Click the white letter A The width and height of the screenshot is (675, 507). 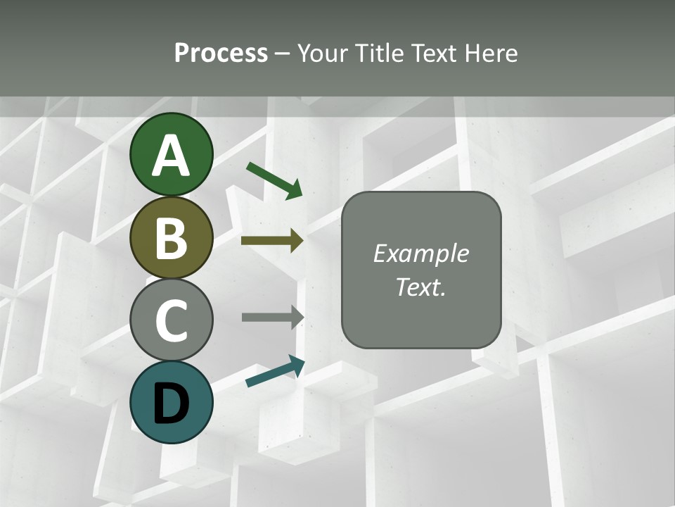point(172,156)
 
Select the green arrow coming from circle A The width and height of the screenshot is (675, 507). point(274,180)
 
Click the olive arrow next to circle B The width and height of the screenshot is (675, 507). point(272,241)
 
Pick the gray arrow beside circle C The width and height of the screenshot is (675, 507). point(273,317)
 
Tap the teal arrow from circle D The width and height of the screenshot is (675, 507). point(275,371)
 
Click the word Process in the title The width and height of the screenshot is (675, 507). point(221,53)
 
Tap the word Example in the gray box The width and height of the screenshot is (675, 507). point(420,254)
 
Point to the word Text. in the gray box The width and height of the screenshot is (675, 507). point(420,287)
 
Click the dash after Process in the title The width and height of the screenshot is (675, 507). point(283,54)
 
